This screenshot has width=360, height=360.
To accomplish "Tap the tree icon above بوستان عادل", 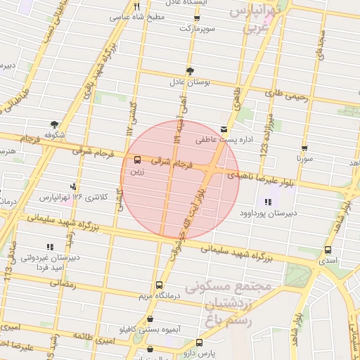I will click(x=191, y=70).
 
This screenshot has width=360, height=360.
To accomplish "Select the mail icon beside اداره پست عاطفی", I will click(x=224, y=129).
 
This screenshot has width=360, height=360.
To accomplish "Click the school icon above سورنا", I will click(x=304, y=148).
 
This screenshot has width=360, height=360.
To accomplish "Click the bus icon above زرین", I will click(x=136, y=159).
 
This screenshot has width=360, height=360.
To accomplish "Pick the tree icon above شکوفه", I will click(x=54, y=124).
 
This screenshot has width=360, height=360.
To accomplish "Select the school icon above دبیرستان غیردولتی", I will click(x=49, y=247).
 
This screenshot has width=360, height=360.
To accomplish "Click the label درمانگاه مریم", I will click(x=159, y=297).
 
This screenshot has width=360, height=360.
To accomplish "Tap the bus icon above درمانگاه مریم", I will click(x=159, y=285).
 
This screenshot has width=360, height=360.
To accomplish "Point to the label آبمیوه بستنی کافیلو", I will click(x=146, y=329).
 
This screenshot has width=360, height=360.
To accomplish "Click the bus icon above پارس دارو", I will click(x=199, y=342).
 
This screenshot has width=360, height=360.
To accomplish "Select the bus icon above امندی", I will click(x=328, y=250).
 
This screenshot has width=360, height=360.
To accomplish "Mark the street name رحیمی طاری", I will click(x=287, y=94).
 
